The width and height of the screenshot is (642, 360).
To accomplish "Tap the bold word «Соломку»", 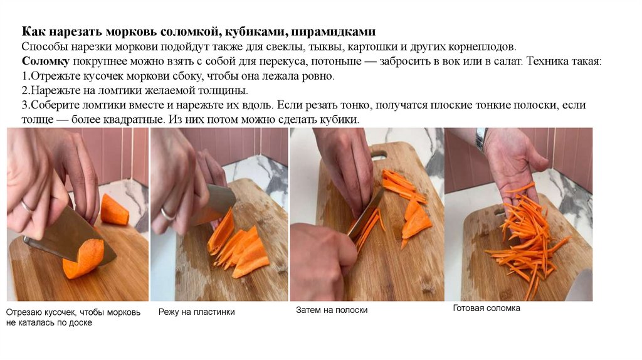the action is point(45,61).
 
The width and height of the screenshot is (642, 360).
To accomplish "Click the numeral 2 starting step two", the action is point(25,90).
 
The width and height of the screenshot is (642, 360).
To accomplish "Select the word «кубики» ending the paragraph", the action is point(339,120).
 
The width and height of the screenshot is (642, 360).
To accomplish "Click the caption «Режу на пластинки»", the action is point(196,312).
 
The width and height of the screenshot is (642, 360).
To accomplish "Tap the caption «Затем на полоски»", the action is point(332,310).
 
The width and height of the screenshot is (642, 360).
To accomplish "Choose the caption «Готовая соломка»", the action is point(487,308).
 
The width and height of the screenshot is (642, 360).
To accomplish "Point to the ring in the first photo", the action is point(27,207).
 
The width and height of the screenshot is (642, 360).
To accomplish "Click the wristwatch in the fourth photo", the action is point(481,139).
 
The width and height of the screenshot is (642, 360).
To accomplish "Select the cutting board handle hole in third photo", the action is point(379,155).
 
